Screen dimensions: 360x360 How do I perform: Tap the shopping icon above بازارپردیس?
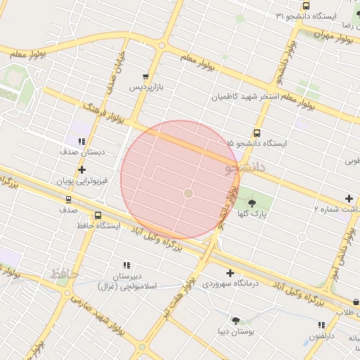click(x=146, y=77)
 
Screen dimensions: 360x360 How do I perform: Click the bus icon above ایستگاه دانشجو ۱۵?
click(x=257, y=133)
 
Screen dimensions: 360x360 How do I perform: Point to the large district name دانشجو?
click(x=246, y=168)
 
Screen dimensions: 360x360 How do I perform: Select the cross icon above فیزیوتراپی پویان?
click(x=82, y=169)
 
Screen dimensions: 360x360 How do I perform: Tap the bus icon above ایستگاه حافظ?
click(x=97, y=215)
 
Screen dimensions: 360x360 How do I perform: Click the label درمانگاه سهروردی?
click(x=231, y=283)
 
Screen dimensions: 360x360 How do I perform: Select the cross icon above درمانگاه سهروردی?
click(x=230, y=273)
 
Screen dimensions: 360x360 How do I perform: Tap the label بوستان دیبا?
click(x=235, y=330)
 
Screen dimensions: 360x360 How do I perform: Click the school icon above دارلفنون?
click(x=321, y=326)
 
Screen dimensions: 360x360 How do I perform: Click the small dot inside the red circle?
click(x=188, y=193)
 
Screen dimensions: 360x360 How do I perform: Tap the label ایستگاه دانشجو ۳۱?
click(x=307, y=15)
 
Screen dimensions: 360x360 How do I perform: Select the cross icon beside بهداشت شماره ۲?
click(x=349, y=199)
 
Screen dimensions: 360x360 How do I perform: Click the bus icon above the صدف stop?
click(x=68, y=199)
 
